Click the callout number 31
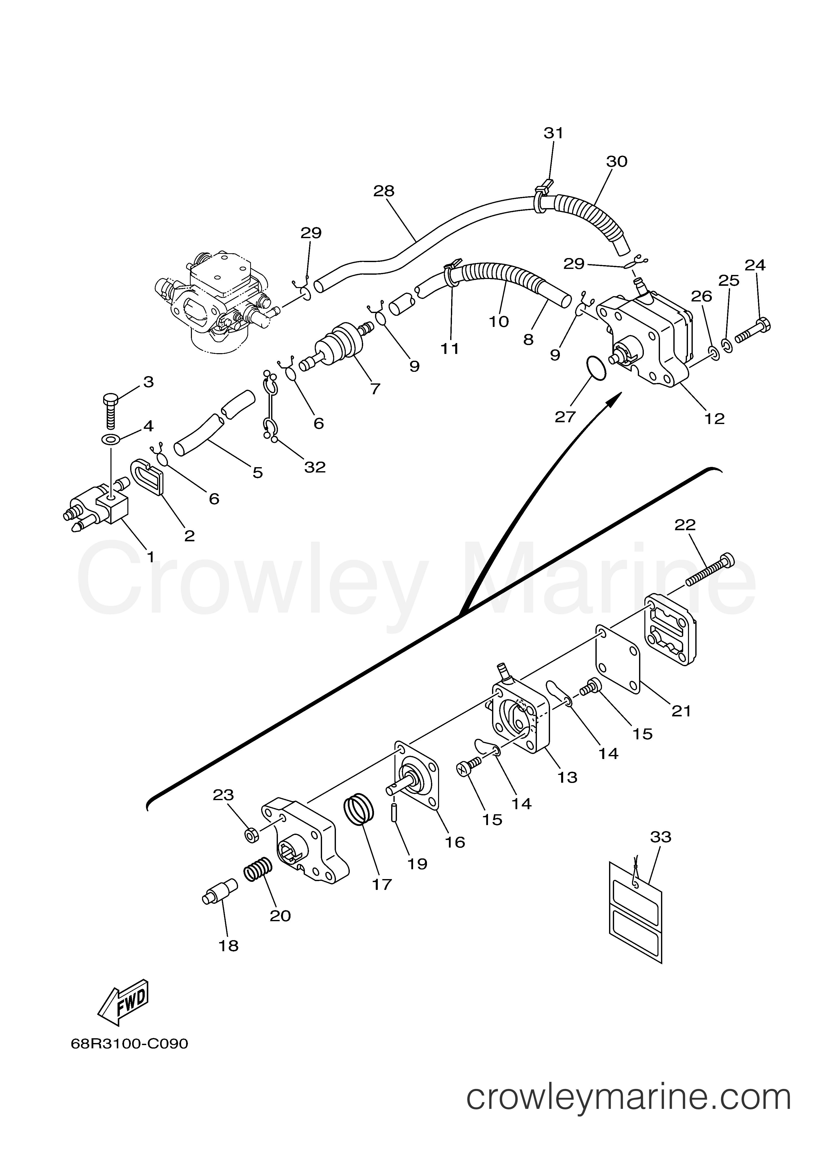tap(554, 133)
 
